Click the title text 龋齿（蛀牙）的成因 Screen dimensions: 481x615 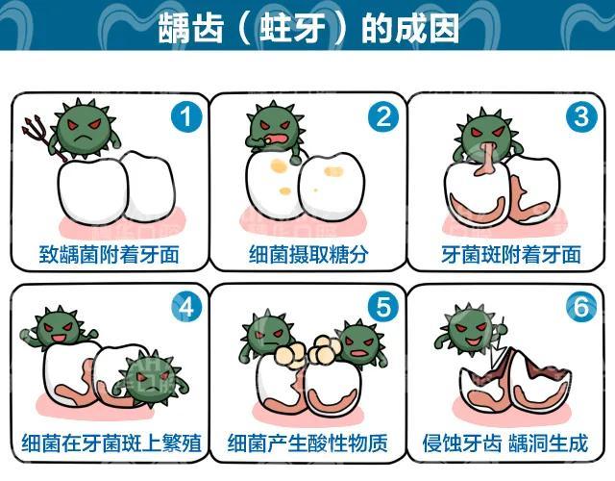coord(307,29)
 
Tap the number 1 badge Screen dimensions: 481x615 coord(185,117)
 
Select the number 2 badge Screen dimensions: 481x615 coord(384,117)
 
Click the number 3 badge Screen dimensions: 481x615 coord(580,117)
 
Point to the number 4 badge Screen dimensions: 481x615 coord(185,308)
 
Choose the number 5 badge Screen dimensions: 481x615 coord(384,308)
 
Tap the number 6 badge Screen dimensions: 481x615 coord(580,308)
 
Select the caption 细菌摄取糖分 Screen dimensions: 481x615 coord(307,255)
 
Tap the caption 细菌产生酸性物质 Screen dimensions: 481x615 coord(307,445)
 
